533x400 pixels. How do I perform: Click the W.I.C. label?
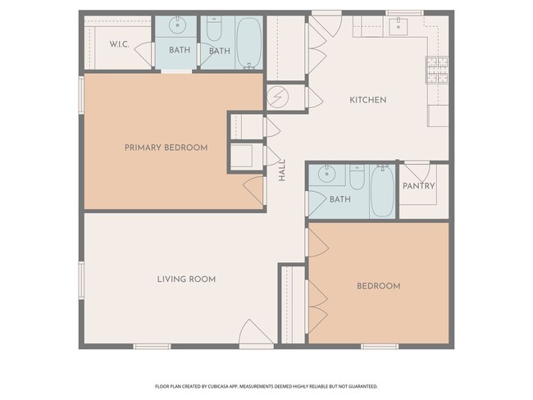120,44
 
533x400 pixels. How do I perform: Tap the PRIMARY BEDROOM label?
166,148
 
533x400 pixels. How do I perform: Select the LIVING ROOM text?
186,279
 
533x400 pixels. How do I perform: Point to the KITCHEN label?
368,100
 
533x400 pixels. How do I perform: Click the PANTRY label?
419,186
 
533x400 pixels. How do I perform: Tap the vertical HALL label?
282,170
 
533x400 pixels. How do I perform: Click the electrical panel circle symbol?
278,98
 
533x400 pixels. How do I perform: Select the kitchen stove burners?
437,70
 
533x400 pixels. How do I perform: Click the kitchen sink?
398,26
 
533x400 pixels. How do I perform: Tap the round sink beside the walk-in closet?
177,25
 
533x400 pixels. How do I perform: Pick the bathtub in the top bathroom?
249,43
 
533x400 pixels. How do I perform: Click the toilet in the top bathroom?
214,28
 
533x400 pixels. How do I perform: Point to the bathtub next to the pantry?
382,191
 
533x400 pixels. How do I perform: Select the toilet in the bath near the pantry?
357,177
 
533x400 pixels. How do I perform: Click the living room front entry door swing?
256,332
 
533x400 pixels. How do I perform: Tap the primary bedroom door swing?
253,191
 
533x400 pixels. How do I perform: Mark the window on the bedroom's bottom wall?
380,346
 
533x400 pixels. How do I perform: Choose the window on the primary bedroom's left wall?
81,95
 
